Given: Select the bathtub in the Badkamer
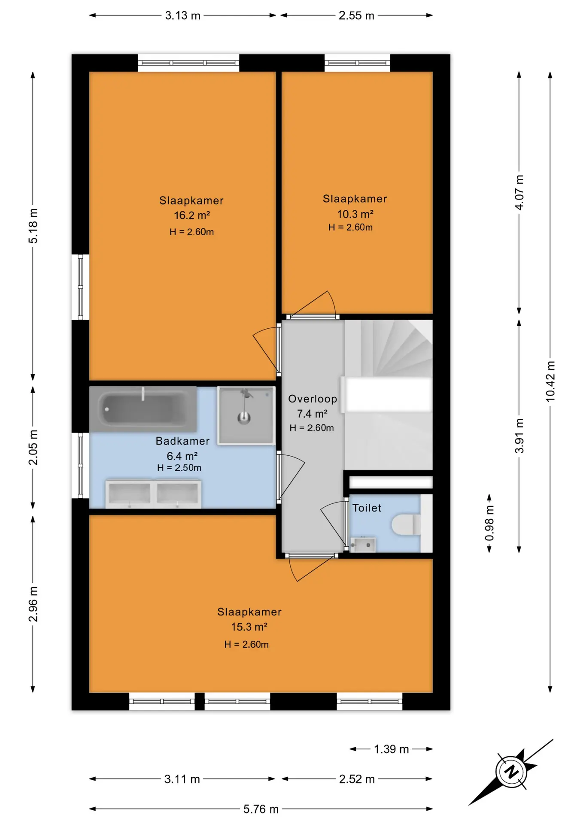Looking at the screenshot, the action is coord(143,409).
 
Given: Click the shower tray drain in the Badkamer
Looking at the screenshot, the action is coord(244,417).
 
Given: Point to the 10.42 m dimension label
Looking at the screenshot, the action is coord(550,382).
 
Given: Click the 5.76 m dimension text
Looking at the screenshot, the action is coord(261,809).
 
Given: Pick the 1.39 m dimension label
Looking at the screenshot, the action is coord(391,749).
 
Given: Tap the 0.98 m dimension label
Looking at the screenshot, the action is coord(489,523).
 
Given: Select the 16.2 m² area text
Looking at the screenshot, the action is coord(191,215).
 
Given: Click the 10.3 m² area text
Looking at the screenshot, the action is coord(355,214).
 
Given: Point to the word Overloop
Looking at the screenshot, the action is coord(313,399).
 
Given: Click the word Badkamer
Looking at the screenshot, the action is coord(182,441).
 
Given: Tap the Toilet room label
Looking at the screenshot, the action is coord(367,508).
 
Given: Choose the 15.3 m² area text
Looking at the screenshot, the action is coord(249,627).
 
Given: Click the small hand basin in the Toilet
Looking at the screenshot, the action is coord(363,545).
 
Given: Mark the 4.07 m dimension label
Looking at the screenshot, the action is coord(519,192).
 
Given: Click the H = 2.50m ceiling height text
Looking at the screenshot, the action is coord(179,468).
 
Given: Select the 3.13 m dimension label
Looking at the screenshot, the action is coord(183,15).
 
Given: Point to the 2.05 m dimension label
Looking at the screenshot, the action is coord(33,447).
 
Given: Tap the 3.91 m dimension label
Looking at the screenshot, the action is coord(519,436).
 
